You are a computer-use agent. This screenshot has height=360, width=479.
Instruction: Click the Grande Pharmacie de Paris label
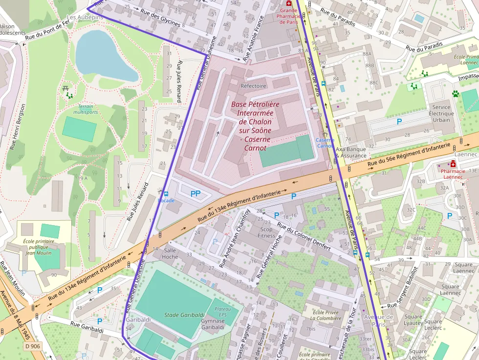coord(288,16)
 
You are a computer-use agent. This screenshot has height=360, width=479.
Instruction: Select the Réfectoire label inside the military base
coord(253,85)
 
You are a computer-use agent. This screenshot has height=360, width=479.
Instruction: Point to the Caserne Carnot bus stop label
coord(325,143)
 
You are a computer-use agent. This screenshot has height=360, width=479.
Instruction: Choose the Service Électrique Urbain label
coord(442,113)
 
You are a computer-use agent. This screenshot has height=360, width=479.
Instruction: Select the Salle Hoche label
coord(170,253)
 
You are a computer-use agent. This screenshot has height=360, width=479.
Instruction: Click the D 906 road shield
coord(32,346)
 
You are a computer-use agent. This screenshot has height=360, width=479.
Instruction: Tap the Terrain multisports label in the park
coord(85,109)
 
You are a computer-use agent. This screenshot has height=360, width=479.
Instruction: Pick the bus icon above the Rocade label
coord(166,194)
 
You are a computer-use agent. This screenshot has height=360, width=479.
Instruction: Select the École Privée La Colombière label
coord(326,316)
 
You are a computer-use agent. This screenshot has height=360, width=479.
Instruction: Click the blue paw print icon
coord(456,93)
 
